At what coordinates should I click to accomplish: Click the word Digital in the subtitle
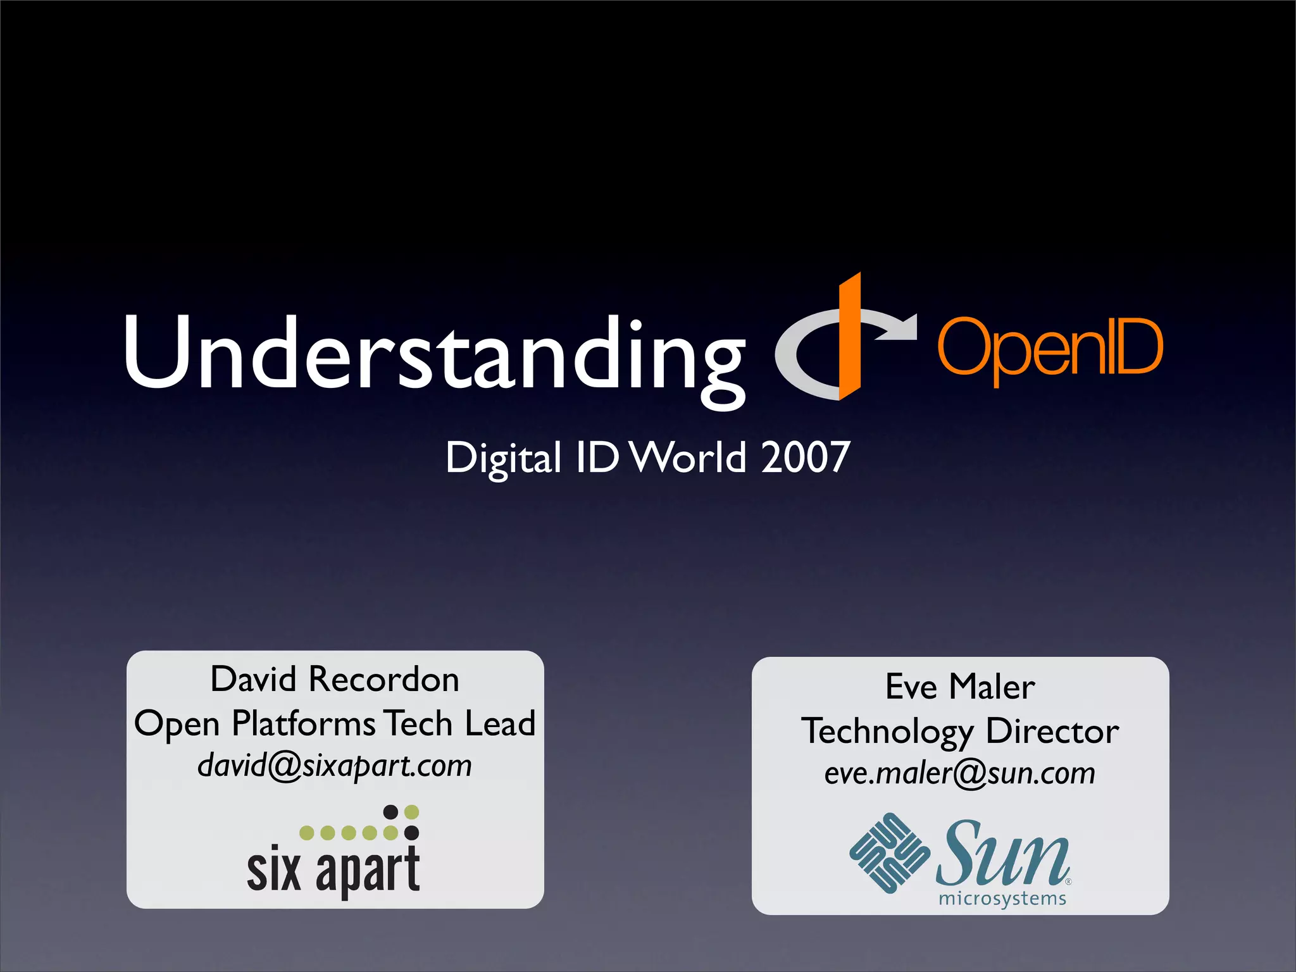click(503, 458)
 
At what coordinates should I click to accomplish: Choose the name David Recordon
click(335, 680)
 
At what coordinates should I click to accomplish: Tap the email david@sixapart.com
click(335, 766)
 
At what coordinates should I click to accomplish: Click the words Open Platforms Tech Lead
click(335, 723)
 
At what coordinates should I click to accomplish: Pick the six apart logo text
click(333, 870)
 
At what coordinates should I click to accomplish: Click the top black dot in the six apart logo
click(391, 812)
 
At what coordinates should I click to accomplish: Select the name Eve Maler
click(960, 687)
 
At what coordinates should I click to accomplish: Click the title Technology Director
click(960, 732)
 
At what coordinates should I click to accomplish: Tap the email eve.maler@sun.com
click(960, 773)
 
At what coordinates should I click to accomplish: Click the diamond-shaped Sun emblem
click(890, 852)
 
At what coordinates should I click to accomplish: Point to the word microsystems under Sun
click(1002, 899)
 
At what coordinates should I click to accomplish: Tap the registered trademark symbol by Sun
click(1068, 882)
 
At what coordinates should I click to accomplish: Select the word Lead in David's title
click(500, 723)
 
